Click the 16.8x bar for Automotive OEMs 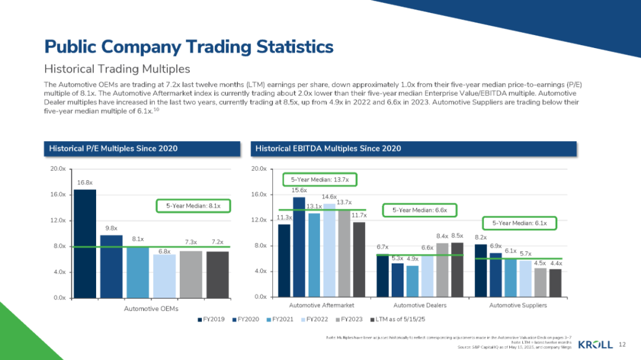click(x=85, y=243)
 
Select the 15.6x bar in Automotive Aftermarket click(x=299, y=247)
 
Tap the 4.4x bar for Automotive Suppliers click(x=555, y=282)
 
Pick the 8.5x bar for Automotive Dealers click(x=457, y=269)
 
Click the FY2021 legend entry click(x=284, y=320)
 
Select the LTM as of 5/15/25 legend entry click(x=398, y=320)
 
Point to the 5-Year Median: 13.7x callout click(x=319, y=179)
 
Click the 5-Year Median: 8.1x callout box click(x=193, y=206)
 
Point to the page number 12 click(x=623, y=345)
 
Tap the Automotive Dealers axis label click(x=420, y=305)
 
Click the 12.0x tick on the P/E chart click(x=57, y=221)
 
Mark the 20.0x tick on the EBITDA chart click(x=260, y=169)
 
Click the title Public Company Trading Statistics click(x=189, y=46)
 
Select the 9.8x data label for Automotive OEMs click(x=111, y=228)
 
